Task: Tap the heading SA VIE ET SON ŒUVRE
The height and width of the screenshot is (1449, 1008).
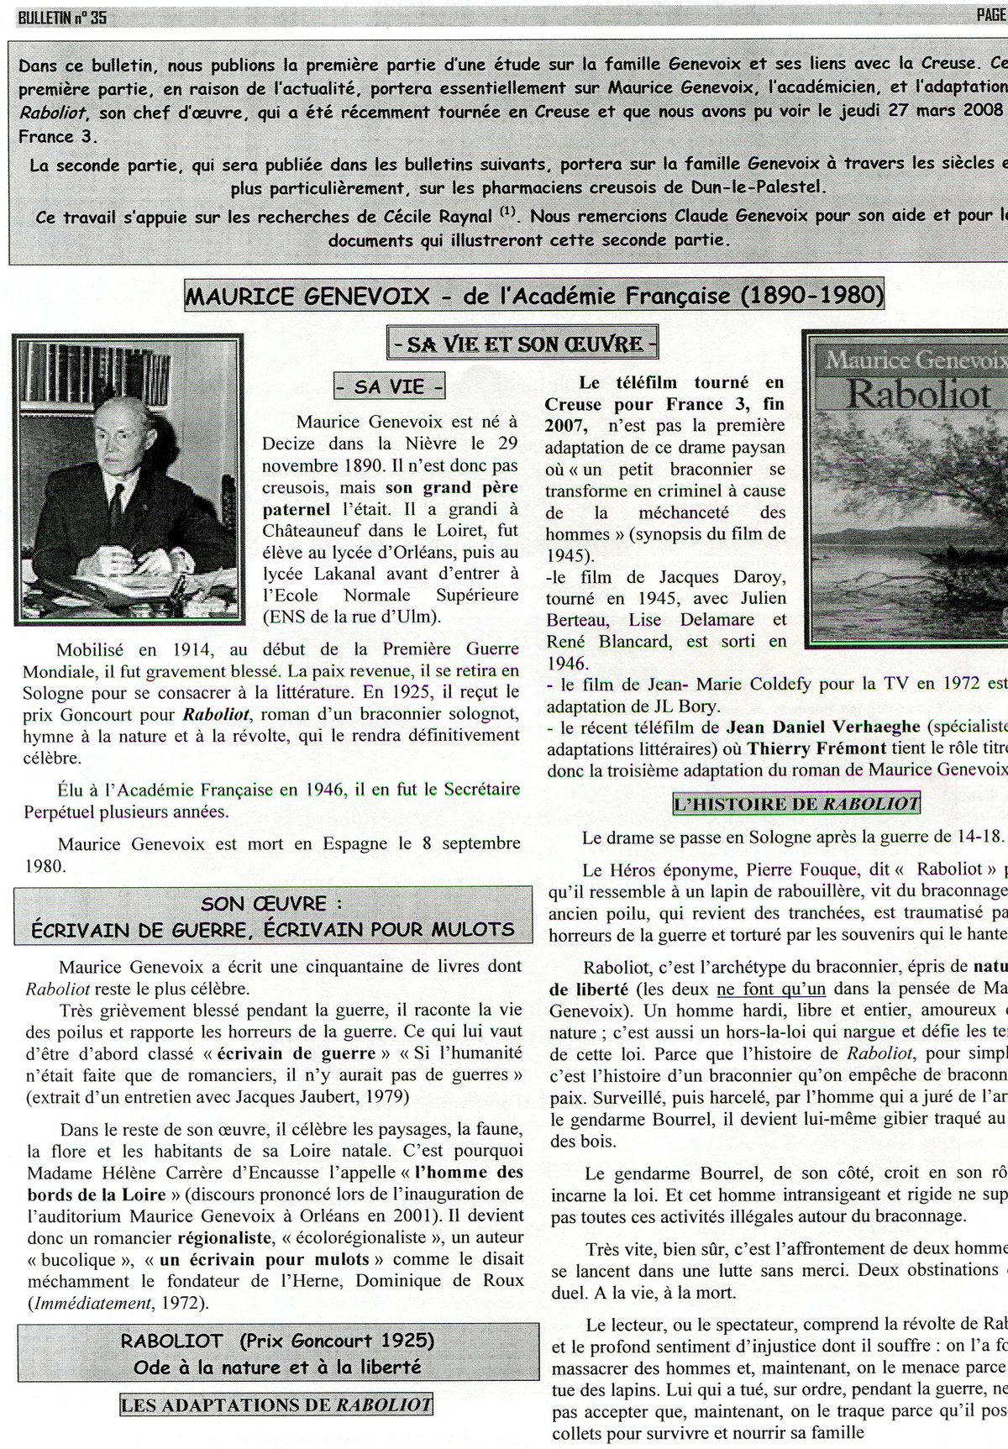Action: pyautogui.click(x=522, y=343)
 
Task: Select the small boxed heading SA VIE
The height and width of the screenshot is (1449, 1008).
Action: pyautogui.click(x=390, y=387)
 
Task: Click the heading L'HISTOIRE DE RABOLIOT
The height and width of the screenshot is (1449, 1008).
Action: pyautogui.click(x=795, y=803)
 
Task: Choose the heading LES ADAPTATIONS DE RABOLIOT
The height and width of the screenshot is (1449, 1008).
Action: pyautogui.click(x=276, y=1404)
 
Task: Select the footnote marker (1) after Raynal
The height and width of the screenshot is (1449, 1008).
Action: pyautogui.click(x=507, y=213)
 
